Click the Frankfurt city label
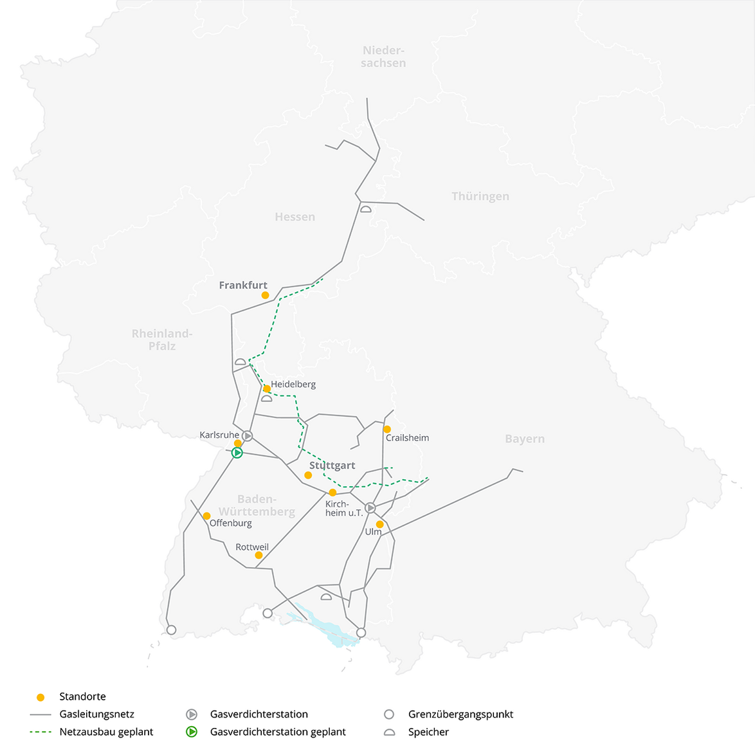point(243,285)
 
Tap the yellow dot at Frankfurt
point(265,295)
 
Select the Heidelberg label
point(293,384)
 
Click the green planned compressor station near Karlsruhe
point(237,453)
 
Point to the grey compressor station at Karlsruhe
point(248,436)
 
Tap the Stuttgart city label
point(332,465)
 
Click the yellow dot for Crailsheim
point(387,429)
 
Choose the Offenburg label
point(231,523)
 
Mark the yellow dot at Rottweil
point(259,555)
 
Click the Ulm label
point(373,532)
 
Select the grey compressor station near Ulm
point(370,508)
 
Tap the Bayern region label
point(525,439)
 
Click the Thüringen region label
point(480,196)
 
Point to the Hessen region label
point(295,217)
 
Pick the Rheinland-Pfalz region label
point(162,340)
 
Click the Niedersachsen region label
point(383,57)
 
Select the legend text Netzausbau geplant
point(106,732)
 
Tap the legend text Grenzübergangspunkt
point(460,714)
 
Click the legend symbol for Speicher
point(389,732)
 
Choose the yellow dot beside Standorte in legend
point(41,697)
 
